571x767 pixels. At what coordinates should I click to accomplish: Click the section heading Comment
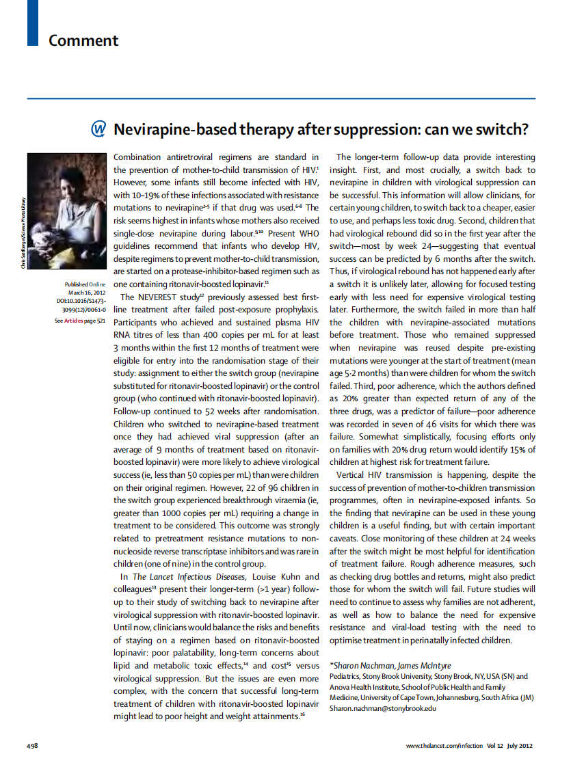coord(83,40)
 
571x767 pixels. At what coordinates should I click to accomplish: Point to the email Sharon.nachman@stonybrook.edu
coord(383,709)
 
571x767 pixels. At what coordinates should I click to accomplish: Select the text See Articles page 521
coord(80,319)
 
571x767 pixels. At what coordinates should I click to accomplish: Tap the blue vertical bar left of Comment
coord(32,23)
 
